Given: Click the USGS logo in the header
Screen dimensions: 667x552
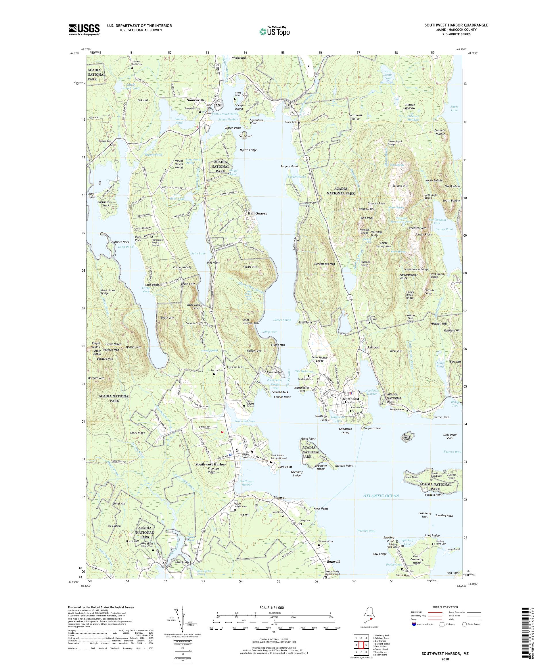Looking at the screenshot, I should point(84,30).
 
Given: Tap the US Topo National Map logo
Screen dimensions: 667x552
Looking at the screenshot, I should point(274,31).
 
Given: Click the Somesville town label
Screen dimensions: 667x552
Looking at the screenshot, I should point(196,100).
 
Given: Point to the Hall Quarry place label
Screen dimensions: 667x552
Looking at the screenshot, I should point(257,213).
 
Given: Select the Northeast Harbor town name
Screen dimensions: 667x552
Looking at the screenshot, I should point(351,400).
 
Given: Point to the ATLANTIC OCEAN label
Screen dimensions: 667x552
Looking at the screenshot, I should point(381,495).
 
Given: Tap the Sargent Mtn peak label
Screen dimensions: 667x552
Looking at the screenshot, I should point(400,185).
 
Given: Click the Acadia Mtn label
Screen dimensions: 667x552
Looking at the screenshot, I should point(250,267).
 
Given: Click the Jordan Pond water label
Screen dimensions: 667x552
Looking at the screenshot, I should point(444,229).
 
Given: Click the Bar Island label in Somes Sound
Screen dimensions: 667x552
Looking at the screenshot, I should point(245,136).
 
